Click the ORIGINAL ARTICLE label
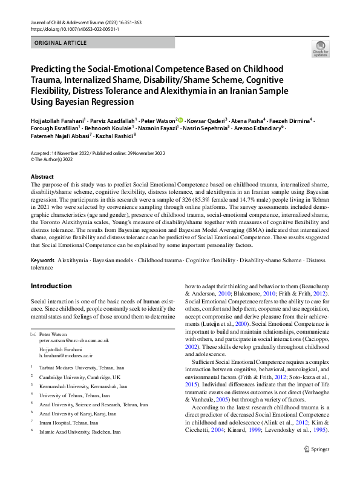pyautogui.click(x=61, y=44)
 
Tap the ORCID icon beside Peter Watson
pyautogui.click(x=180, y=120)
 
